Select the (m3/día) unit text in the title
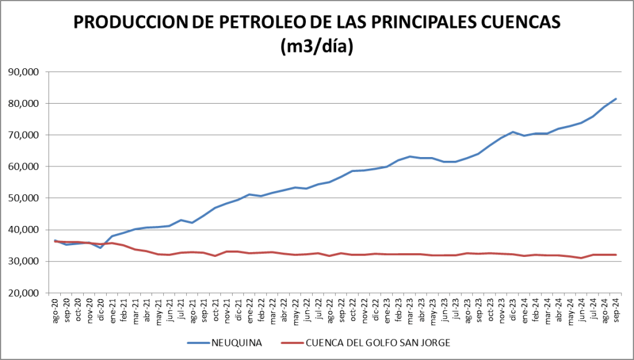point(316,46)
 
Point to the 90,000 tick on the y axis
point(24,72)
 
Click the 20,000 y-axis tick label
point(24,293)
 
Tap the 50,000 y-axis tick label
point(24,198)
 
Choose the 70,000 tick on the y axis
point(24,135)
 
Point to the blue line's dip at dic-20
point(100,248)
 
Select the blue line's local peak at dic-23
point(513,132)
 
